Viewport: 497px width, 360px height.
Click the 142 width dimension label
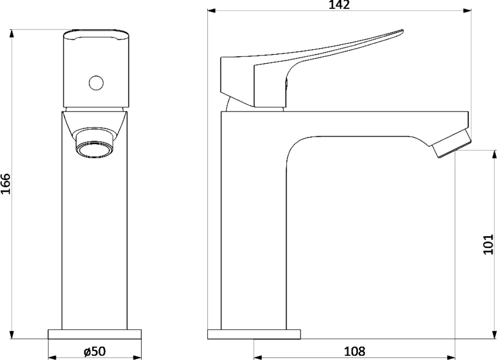point(339,5)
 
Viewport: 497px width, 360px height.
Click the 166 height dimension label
point(6,183)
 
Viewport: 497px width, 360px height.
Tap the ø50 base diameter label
point(95,351)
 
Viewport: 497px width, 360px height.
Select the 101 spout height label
point(488,244)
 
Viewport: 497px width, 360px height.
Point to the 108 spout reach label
point(355,351)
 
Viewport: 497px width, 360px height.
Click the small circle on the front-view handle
point(96,83)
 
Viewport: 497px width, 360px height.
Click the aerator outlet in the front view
point(94,149)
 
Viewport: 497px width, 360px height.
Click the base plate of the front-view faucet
point(95,334)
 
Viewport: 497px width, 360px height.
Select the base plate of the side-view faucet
point(254,334)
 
